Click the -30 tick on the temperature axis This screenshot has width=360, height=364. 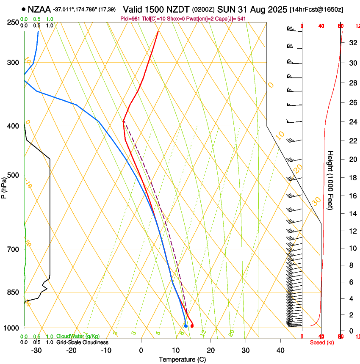36,350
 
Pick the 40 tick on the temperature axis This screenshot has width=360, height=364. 280,350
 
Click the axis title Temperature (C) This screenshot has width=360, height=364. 182,359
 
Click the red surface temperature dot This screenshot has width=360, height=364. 192,326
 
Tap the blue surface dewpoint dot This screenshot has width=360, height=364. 186,325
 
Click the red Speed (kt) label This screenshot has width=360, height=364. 322,342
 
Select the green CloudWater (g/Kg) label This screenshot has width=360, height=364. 78,336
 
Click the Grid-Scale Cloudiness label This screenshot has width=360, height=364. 82,342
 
